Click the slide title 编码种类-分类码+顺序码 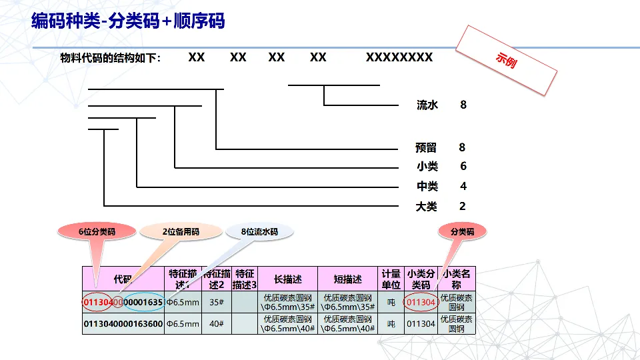pos(128,21)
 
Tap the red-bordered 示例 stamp pos(506,60)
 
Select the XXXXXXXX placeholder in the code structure pos(399,57)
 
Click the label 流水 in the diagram pos(427,105)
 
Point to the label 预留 pos(427,148)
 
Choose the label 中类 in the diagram pos(427,187)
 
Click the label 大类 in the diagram pos(427,207)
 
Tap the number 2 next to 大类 pos(463,206)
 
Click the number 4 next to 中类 pos(463,186)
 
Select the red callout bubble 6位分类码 pos(97,232)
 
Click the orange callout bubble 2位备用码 pos(181,232)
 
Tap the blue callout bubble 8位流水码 pos(259,232)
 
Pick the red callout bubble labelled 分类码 pos(462,232)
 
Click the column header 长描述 pos(287,279)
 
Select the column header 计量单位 pos(391,279)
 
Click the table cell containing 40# pos(216,324)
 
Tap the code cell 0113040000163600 pos(123,324)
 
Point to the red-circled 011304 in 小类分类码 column pos(421,302)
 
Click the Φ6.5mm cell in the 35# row pos(183,302)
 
